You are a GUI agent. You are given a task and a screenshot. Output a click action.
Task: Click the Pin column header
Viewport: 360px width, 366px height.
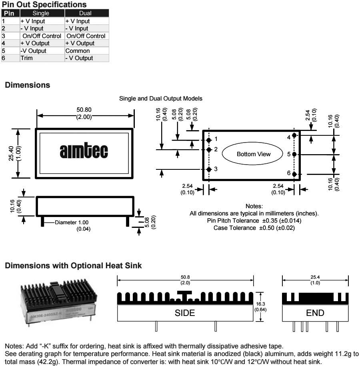click(x=8, y=14)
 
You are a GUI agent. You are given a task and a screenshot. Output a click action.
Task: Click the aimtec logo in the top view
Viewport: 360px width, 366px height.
click(x=84, y=153)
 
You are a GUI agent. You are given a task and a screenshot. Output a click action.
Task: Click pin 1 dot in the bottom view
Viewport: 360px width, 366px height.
click(x=208, y=140)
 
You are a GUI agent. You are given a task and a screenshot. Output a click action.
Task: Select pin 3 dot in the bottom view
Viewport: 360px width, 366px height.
click(x=208, y=169)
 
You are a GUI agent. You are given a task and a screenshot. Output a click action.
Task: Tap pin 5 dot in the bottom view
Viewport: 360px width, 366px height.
click(x=294, y=154)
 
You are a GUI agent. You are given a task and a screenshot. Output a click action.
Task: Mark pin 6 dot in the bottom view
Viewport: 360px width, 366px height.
click(x=294, y=174)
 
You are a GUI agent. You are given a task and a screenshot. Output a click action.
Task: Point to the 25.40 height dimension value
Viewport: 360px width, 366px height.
click(x=12, y=153)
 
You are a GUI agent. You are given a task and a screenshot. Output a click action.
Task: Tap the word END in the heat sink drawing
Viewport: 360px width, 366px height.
click(x=315, y=313)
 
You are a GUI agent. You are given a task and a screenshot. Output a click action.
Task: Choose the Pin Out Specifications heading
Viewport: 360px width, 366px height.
click(x=44, y=5)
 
